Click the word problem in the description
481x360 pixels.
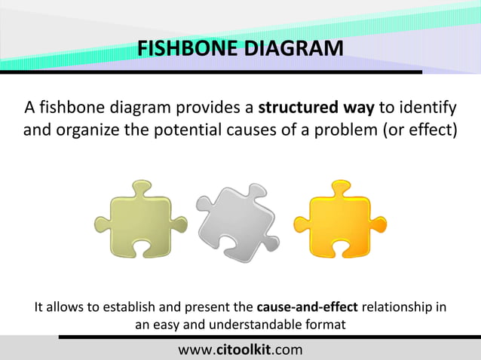coord(351,129)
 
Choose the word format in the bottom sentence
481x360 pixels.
coord(325,325)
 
